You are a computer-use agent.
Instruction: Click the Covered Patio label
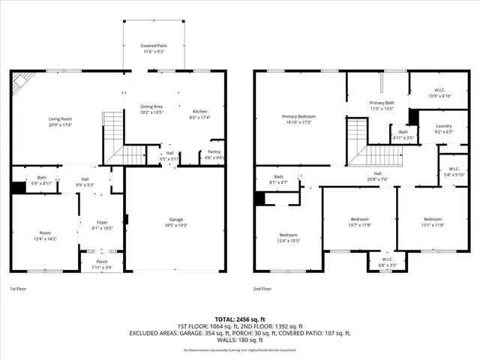154,46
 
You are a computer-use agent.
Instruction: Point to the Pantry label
214,153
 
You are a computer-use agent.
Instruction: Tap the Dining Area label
152,107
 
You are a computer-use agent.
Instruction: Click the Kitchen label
199,111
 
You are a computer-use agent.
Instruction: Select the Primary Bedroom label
298,116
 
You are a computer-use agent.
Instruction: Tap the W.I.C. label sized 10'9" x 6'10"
439,90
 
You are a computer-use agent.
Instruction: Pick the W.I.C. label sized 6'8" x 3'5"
387,259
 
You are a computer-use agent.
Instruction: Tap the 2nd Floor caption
263,288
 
